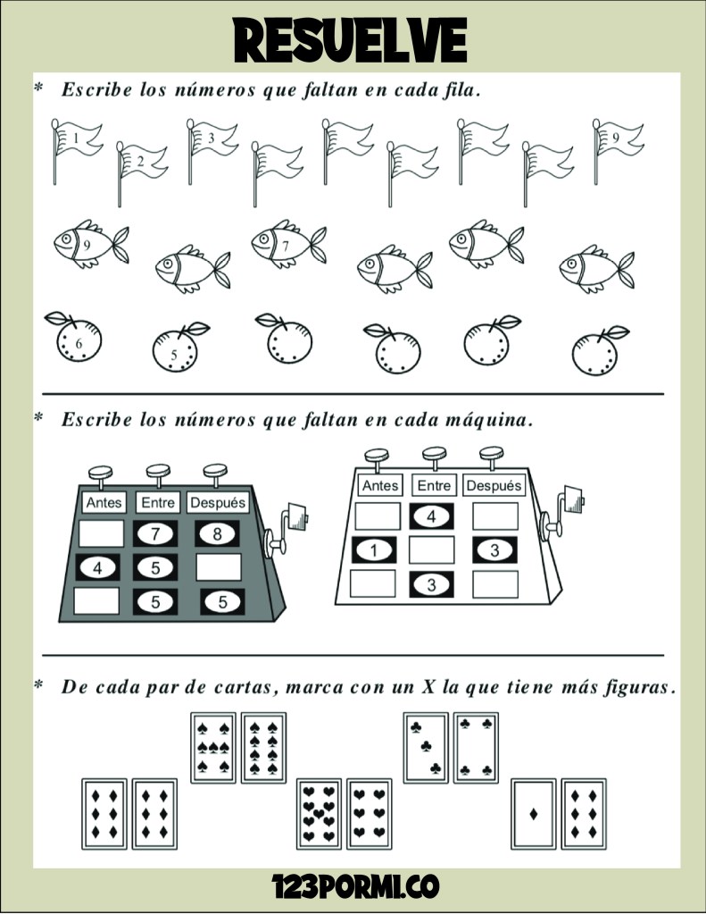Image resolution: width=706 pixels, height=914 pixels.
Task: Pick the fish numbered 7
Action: tap(288, 244)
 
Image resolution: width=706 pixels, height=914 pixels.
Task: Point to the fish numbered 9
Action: tap(91, 244)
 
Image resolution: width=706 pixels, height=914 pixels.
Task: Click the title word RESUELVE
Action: tap(350, 40)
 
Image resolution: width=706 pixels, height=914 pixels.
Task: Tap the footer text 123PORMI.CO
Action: tap(355, 886)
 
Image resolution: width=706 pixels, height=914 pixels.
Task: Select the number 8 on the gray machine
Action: tap(217, 533)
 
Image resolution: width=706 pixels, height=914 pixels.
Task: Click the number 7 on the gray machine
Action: tap(155, 533)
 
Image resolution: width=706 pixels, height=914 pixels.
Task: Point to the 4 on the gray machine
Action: tap(97, 567)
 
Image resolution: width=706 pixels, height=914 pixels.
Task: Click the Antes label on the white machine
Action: tap(380, 485)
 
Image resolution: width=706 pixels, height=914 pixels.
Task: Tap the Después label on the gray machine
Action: tap(218, 502)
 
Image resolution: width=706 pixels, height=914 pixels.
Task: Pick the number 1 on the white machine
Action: tap(374, 550)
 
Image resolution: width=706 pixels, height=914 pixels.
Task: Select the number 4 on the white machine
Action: tap(432, 516)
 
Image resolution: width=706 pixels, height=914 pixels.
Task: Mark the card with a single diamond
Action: tap(534, 814)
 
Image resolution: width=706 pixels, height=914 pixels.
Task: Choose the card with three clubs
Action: tap(426, 747)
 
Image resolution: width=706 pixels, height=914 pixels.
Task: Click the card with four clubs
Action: tap(476, 747)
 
